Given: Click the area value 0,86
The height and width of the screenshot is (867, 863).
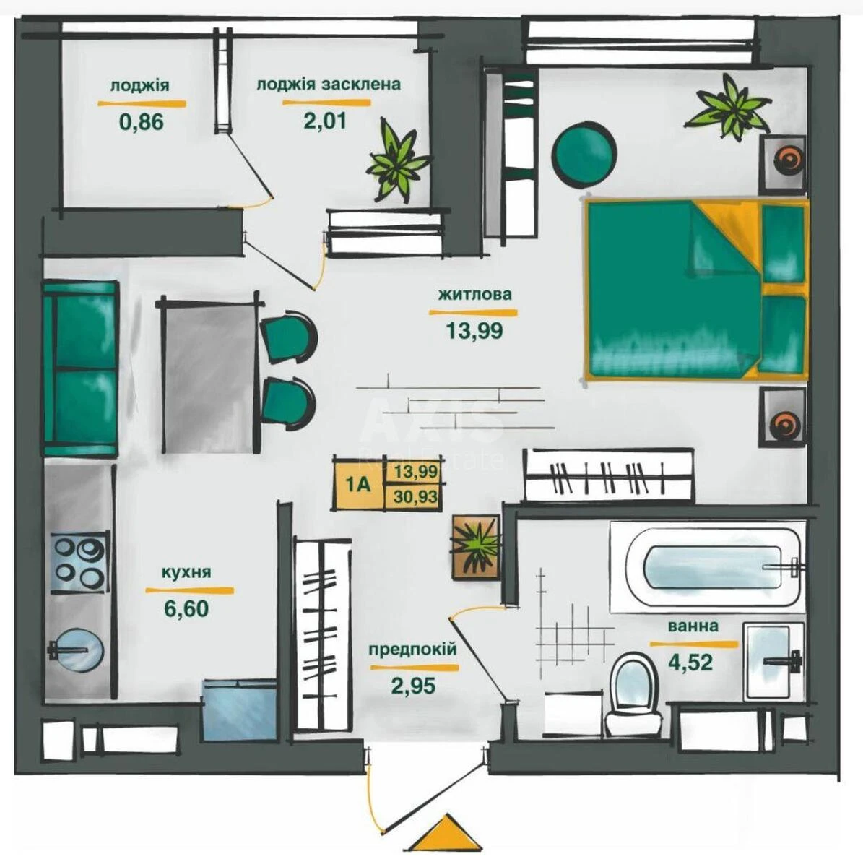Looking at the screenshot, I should pyautogui.click(x=142, y=121).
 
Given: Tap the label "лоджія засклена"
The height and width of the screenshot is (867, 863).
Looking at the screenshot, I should pyautogui.click(x=328, y=85).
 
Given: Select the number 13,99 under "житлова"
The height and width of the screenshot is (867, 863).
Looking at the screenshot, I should pyautogui.click(x=474, y=331).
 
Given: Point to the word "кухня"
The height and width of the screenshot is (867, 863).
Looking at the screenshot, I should pyautogui.click(x=186, y=572).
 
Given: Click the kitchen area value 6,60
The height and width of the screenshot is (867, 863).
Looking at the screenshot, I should pyautogui.click(x=186, y=608).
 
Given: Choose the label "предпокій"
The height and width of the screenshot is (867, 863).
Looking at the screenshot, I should pyautogui.click(x=412, y=649).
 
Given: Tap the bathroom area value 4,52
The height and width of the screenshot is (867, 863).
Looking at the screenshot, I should pyautogui.click(x=691, y=662).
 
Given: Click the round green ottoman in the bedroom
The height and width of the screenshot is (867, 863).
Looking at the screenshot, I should pyautogui.click(x=584, y=152).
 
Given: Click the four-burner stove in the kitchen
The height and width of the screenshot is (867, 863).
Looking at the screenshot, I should pyautogui.click(x=80, y=564).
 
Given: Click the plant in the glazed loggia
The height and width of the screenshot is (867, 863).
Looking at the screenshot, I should pyautogui.click(x=396, y=163).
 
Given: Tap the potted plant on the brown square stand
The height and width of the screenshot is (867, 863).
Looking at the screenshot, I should pyautogui.click(x=475, y=546).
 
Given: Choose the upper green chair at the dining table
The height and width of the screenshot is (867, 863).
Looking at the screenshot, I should pyautogui.click(x=289, y=337).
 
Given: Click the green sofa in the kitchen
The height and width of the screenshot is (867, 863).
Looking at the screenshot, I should pyautogui.click(x=79, y=368).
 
